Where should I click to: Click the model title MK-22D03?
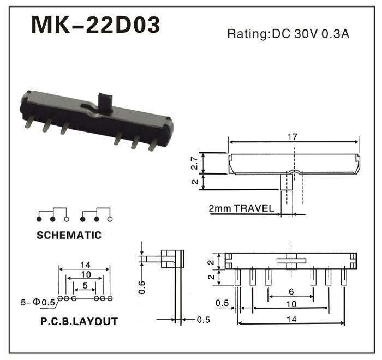(95, 25)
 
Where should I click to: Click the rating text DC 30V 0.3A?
(311, 34)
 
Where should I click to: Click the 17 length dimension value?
(293, 137)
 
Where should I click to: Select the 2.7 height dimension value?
(195, 163)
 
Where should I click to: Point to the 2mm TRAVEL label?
(241, 208)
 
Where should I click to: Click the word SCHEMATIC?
(69, 235)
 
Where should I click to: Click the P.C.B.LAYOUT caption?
(80, 321)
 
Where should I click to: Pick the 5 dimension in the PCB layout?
(85, 285)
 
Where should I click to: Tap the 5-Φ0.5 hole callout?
(38, 303)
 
